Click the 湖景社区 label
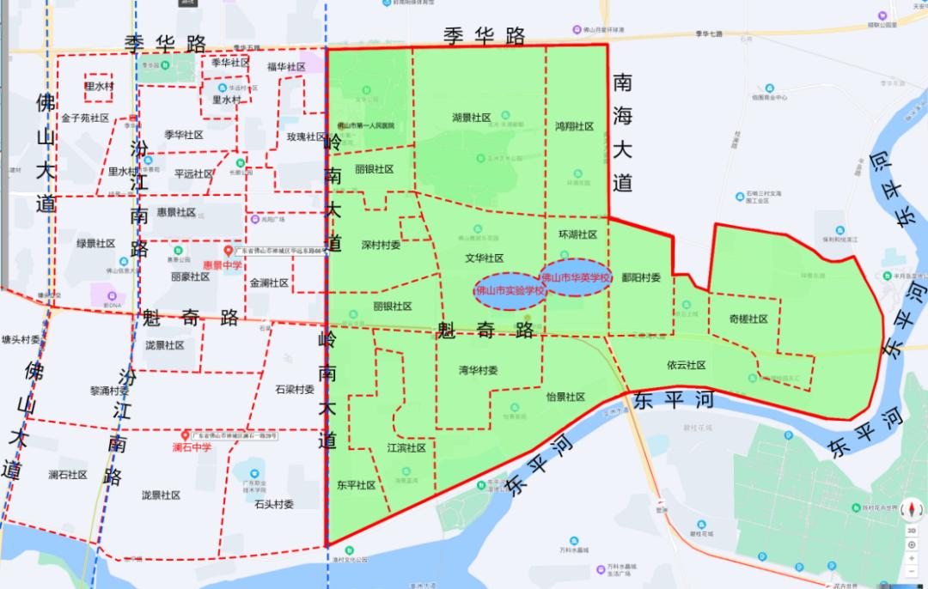point(471,118)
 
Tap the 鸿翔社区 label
point(575,126)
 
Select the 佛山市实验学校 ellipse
point(510,290)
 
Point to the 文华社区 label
point(484,258)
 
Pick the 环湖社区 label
point(577,234)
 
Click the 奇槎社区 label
point(748,319)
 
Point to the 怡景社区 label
point(565,397)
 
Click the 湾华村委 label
point(478,371)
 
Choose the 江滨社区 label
point(406,447)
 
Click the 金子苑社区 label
point(85,118)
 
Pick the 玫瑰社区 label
point(307,137)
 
